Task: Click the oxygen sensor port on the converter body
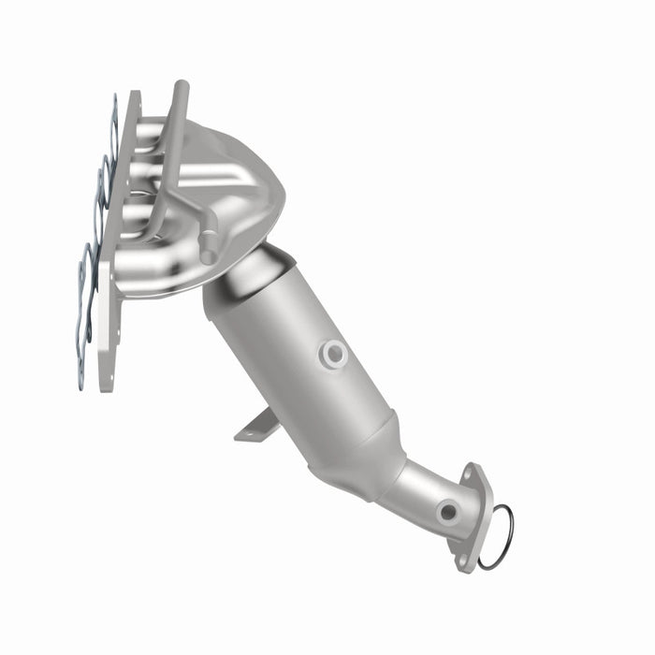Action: pyautogui.click(x=333, y=353)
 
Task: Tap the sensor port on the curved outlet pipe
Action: pyautogui.click(x=448, y=511)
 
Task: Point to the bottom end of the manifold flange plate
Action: pyautogui.click(x=106, y=379)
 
